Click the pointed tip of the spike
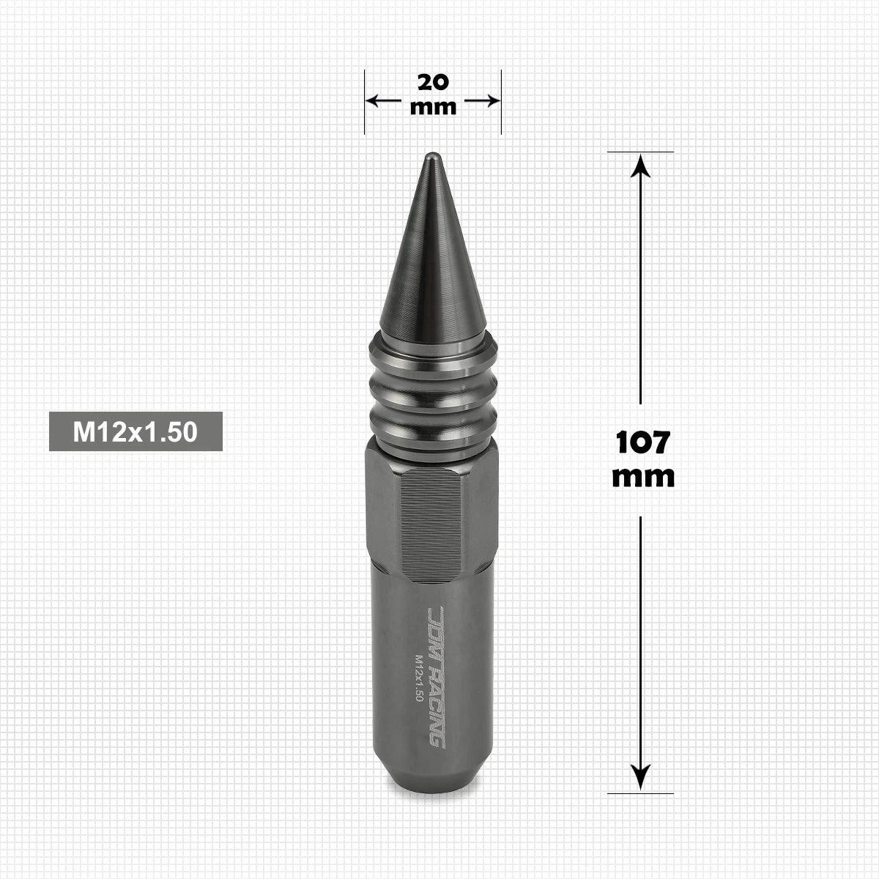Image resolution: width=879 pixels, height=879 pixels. [x=433, y=155]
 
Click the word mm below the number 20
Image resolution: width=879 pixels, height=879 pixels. [x=433, y=108]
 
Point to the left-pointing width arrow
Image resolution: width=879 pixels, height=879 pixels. [x=384, y=100]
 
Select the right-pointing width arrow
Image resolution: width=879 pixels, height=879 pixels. [x=482, y=100]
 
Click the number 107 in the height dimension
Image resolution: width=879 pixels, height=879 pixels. [x=642, y=442]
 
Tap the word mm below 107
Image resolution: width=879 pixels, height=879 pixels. [x=642, y=477]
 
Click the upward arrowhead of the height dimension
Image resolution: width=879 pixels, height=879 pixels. [x=640, y=165]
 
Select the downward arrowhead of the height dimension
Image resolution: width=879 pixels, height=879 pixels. [x=640, y=777]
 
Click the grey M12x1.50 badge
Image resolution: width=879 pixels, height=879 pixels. [x=136, y=431]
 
